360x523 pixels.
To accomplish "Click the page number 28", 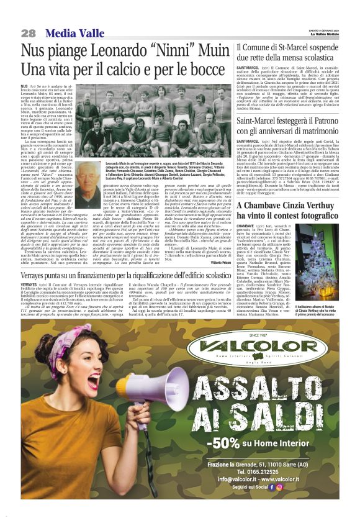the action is [28, 32].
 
